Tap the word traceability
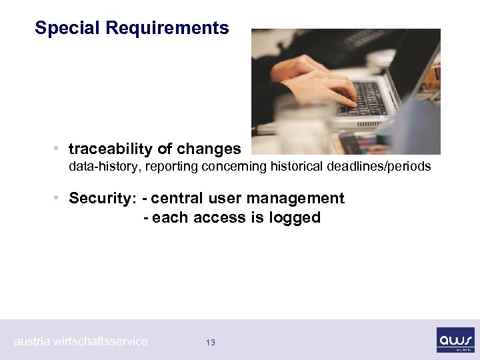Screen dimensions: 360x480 pyautogui.click(x=111, y=149)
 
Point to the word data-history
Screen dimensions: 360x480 pyautogui.click(x=101, y=167)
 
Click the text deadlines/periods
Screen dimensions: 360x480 pyautogui.click(x=383, y=167)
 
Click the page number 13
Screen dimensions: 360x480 pyautogui.click(x=211, y=343)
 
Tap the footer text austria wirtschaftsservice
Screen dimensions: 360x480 pyautogui.click(x=81, y=341)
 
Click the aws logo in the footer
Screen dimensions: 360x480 pyautogui.click(x=455, y=339)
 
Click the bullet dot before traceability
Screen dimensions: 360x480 pyautogui.click(x=59, y=149)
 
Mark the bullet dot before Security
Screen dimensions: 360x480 pyautogui.click(x=59, y=198)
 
